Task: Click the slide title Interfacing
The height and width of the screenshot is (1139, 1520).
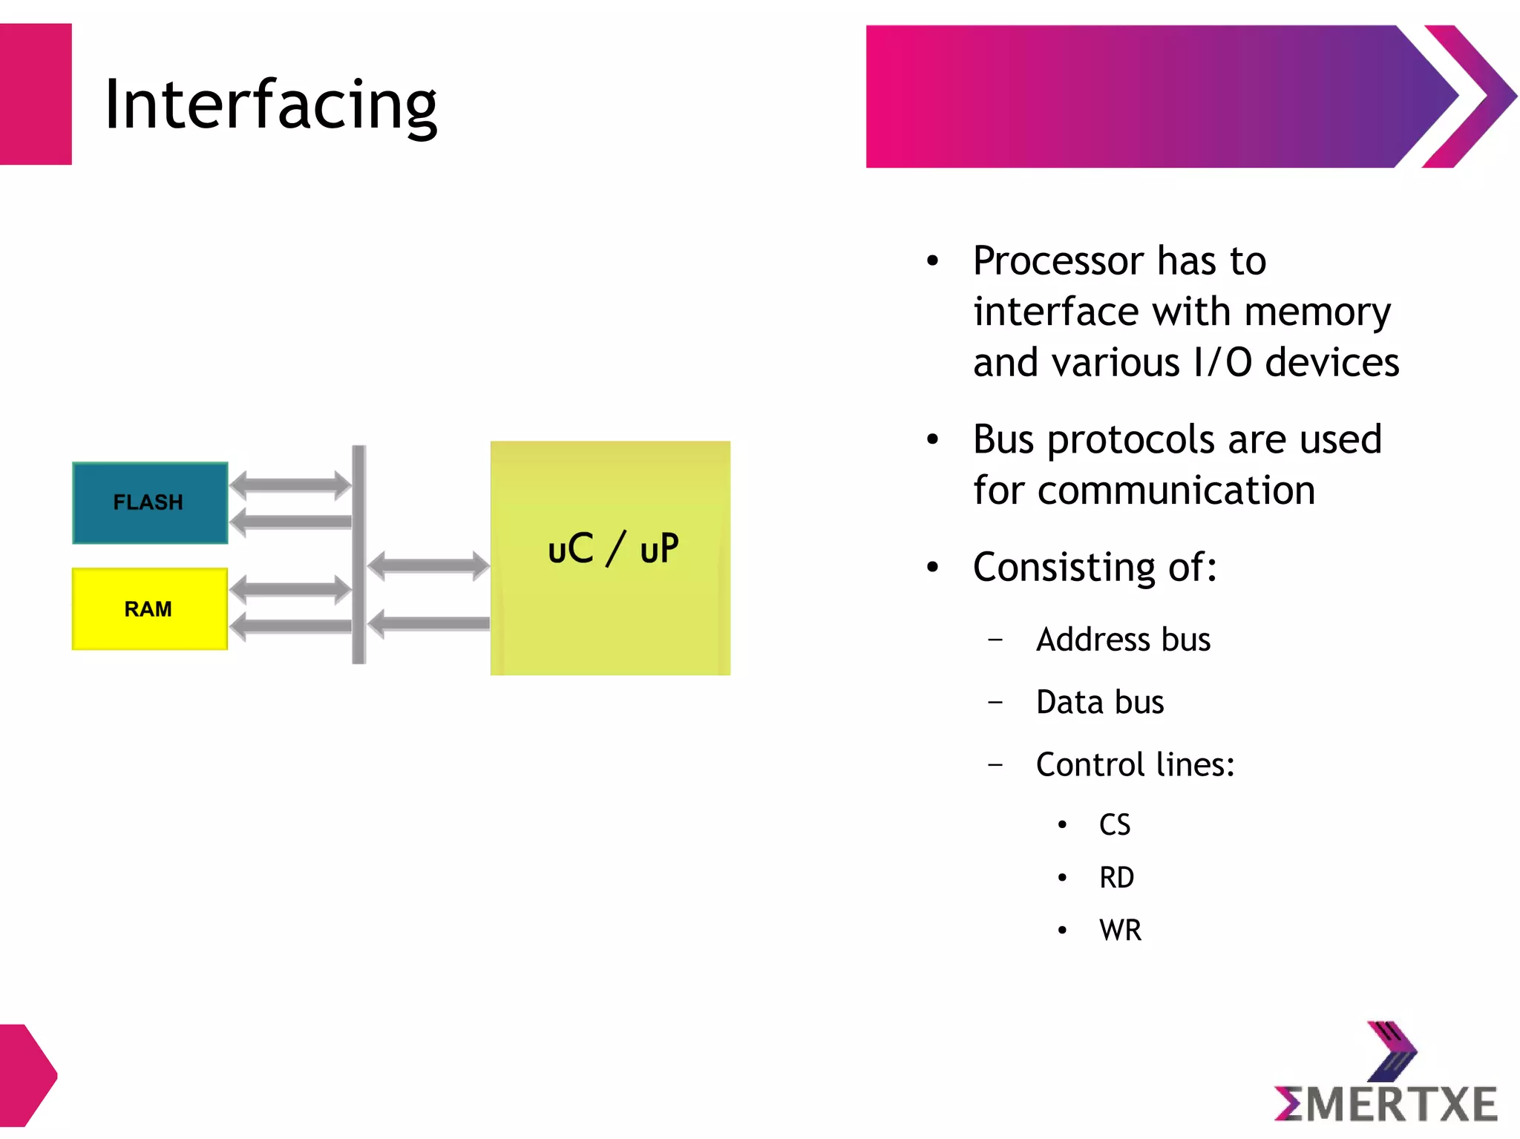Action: point(271,105)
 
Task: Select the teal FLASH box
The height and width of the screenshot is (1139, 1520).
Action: point(149,502)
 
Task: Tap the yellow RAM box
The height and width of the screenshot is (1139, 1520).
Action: point(149,608)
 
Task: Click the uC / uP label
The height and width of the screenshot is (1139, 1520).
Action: point(612,548)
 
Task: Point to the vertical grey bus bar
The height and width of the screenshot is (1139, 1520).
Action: point(359,554)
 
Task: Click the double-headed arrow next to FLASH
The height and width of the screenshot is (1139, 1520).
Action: point(290,485)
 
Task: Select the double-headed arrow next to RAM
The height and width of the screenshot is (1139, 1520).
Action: point(290,591)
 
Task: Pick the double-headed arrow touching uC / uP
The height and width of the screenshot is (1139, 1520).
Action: point(428,565)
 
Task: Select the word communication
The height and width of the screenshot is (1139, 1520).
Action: point(1176,490)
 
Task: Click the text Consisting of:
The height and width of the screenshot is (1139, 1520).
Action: point(1095,568)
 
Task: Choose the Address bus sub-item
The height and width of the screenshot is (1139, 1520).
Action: point(1122,640)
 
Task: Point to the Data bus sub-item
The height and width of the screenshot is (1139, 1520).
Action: point(1099,702)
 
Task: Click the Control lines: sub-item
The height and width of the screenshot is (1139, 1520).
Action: point(1135,765)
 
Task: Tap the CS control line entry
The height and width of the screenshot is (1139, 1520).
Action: point(1114,825)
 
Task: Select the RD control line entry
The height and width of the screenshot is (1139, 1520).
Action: point(1116,878)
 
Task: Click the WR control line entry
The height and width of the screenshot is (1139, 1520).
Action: point(1120,930)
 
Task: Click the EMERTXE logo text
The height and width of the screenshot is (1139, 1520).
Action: point(1386,1103)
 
